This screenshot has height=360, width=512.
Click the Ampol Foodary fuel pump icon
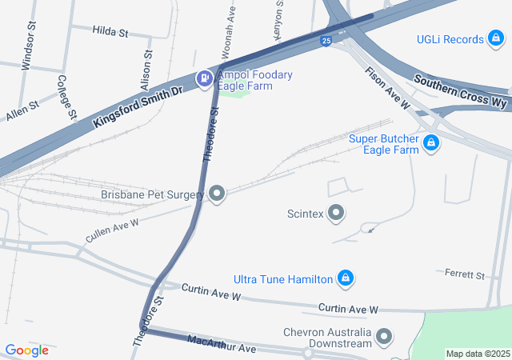point(204,78)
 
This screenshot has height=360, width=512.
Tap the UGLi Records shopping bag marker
point(497,39)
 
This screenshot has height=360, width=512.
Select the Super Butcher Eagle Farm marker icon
point(431,143)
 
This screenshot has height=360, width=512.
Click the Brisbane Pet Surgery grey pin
point(218,194)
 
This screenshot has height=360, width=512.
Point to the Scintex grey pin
point(337,213)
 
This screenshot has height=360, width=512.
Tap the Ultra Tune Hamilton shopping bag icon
point(345,278)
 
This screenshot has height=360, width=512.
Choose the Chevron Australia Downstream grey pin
point(384,337)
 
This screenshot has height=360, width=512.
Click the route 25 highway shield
point(326,40)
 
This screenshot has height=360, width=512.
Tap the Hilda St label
point(110,32)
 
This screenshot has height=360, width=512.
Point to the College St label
point(66,97)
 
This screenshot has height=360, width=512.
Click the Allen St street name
point(22,110)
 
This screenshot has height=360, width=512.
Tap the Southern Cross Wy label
point(460,92)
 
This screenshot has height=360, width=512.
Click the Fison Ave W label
point(388,89)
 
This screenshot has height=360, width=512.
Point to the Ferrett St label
point(465,275)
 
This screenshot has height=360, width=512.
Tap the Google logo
point(27,350)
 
